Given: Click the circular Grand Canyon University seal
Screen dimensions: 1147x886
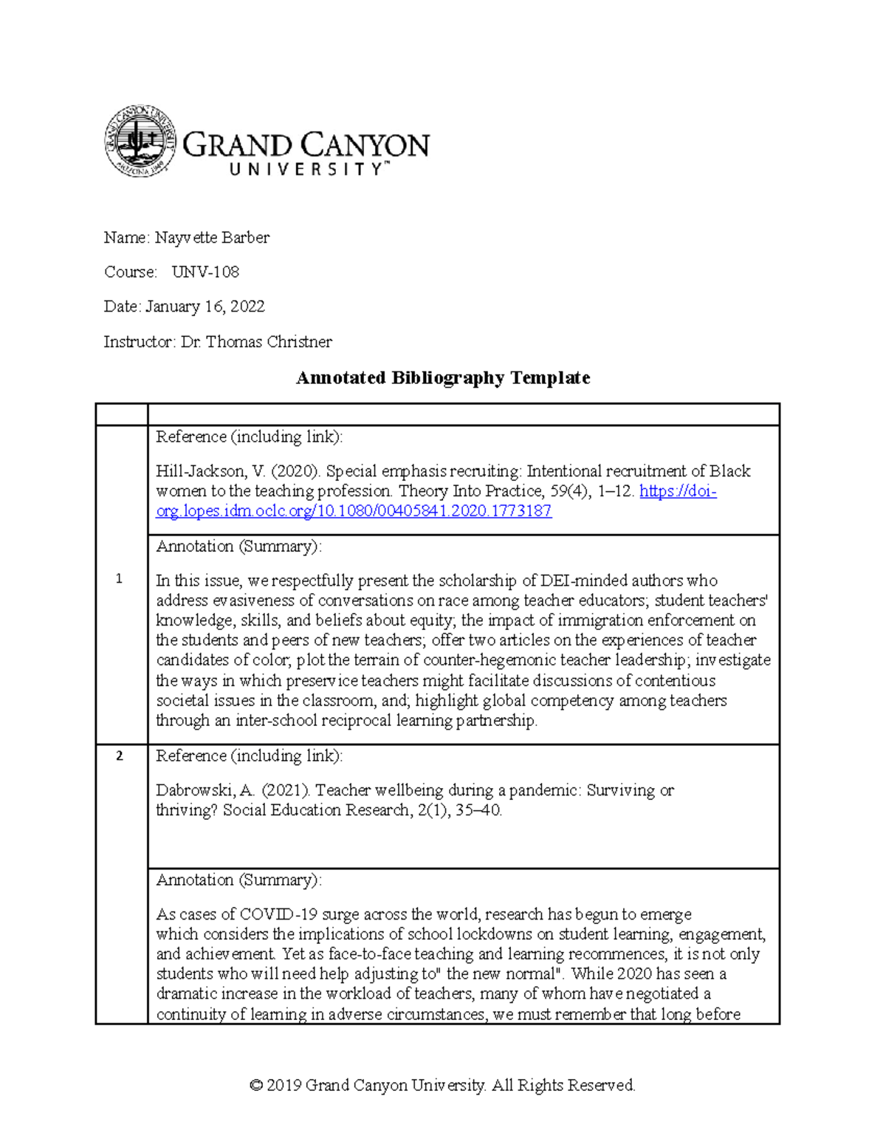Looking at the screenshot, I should pyautogui.click(x=140, y=140).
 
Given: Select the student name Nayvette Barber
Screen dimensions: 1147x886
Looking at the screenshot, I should pyautogui.click(x=212, y=238).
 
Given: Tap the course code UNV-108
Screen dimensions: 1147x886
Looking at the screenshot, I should pyautogui.click(x=205, y=272).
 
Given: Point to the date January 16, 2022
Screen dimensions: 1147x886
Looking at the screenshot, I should pyautogui.click(x=205, y=307).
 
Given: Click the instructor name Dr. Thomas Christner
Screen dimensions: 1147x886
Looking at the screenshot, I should pyautogui.click(x=256, y=342).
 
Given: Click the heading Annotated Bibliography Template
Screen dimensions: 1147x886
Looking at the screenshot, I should pyautogui.click(x=442, y=378).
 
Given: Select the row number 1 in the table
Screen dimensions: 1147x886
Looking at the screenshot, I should pyautogui.click(x=119, y=579).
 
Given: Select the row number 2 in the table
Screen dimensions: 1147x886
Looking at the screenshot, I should pyautogui.click(x=119, y=756).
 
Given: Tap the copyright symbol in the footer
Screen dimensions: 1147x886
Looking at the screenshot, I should pyautogui.click(x=256, y=1086).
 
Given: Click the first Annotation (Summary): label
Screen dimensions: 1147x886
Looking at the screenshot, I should pyautogui.click(x=238, y=547).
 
